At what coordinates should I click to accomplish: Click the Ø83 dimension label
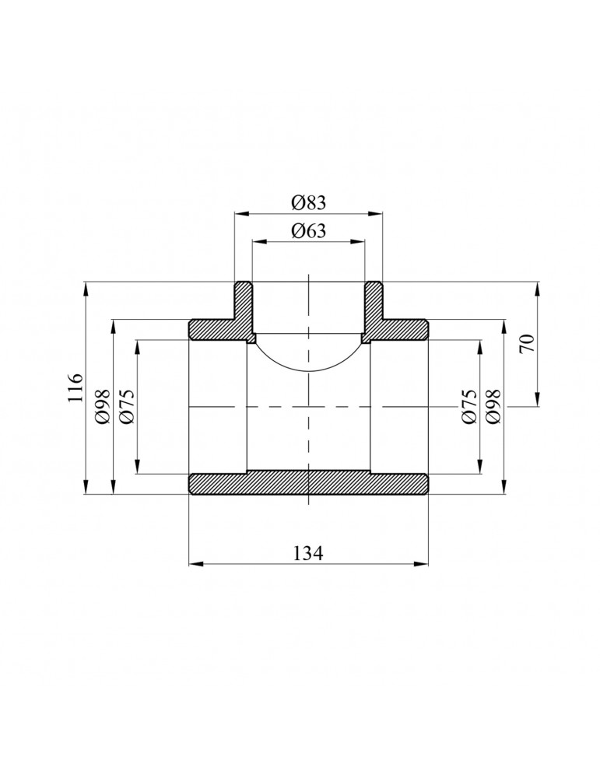click(309, 202)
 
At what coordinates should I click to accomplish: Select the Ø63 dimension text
click(309, 231)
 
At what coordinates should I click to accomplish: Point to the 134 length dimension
click(308, 552)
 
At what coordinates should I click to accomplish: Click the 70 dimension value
click(528, 343)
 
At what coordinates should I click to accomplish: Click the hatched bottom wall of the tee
click(308, 484)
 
